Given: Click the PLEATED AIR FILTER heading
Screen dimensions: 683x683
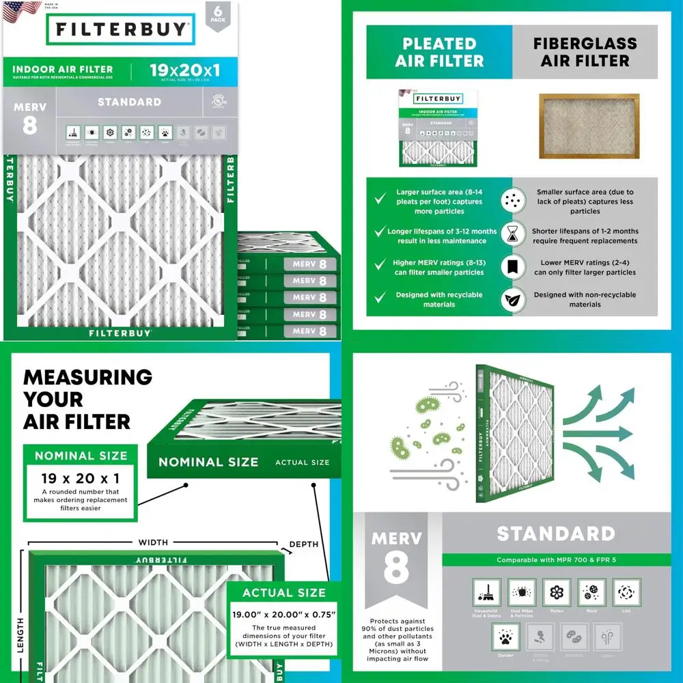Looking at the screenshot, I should pos(439,53).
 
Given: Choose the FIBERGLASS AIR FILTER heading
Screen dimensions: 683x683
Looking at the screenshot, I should pos(585,53).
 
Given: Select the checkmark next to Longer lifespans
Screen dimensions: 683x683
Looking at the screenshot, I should pos(380,233).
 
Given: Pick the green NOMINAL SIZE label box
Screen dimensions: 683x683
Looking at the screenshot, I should pos(81,456).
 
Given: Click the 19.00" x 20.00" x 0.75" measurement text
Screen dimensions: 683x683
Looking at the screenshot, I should pos(284,614).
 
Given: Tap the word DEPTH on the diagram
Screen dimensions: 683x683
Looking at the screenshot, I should pos(304,544).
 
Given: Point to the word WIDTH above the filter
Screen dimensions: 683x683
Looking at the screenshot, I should pos(153,542).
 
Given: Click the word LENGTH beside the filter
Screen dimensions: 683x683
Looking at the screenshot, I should pos(20,635).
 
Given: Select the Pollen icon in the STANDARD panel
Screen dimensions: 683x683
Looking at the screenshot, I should pos(557,592).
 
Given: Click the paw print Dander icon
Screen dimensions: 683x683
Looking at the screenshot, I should pos(506,637).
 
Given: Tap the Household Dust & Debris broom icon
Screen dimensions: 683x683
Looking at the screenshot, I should pos(486,592).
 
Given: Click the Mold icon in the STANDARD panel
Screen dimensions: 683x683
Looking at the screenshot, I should pos(591,592).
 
